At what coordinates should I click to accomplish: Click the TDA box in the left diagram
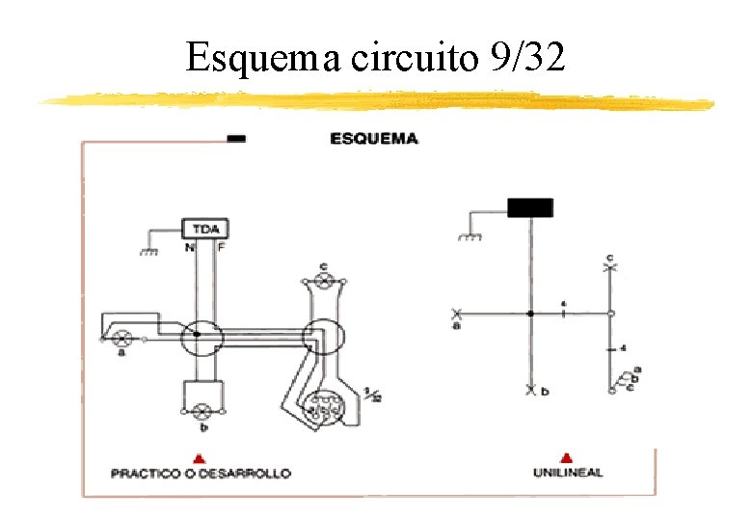point(204,229)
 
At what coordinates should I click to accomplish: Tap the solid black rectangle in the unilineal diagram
point(530,206)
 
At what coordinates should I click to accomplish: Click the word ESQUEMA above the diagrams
point(374,139)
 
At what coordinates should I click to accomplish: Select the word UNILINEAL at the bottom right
point(568,473)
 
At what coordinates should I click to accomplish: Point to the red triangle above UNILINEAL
point(567,456)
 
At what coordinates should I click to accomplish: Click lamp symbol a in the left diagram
point(122,339)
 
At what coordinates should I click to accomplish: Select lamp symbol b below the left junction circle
point(202,411)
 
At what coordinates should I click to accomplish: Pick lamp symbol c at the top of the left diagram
point(325,281)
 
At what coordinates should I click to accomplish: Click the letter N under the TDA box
point(189,247)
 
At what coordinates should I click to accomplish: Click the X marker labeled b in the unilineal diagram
point(530,390)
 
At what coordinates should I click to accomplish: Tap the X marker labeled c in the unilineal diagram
point(609,267)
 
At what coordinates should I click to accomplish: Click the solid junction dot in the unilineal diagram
point(530,314)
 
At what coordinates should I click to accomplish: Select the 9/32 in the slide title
point(529,59)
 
